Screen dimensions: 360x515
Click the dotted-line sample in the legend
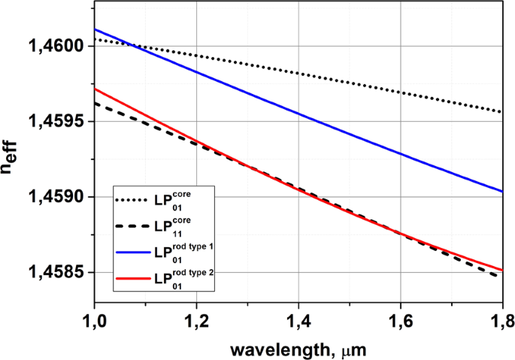pyautogui.click(x=133, y=201)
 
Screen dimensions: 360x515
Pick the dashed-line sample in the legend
pyautogui.click(x=133, y=226)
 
